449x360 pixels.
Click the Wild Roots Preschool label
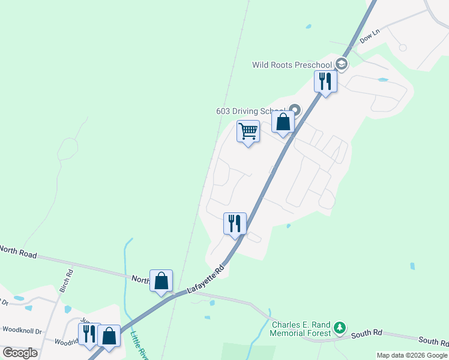pyautogui.click(x=292, y=65)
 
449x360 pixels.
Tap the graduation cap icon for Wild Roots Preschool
pyautogui.click(x=341, y=64)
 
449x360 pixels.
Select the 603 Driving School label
pyautogui.click(x=251, y=111)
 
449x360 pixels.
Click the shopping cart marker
pyautogui.click(x=248, y=131)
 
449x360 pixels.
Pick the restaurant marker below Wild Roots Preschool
pyautogui.click(x=325, y=81)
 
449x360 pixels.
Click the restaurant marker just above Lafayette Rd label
pyautogui.click(x=235, y=223)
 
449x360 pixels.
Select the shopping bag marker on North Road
pyautogui.click(x=161, y=280)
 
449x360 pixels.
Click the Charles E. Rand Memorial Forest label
pyautogui.click(x=301, y=329)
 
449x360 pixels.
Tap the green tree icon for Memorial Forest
pyautogui.click(x=340, y=328)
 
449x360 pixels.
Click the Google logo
pyautogui.click(x=20, y=353)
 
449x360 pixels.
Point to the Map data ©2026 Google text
pyautogui.click(x=412, y=355)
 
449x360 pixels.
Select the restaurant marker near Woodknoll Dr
pyautogui.click(x=89, y=334)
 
